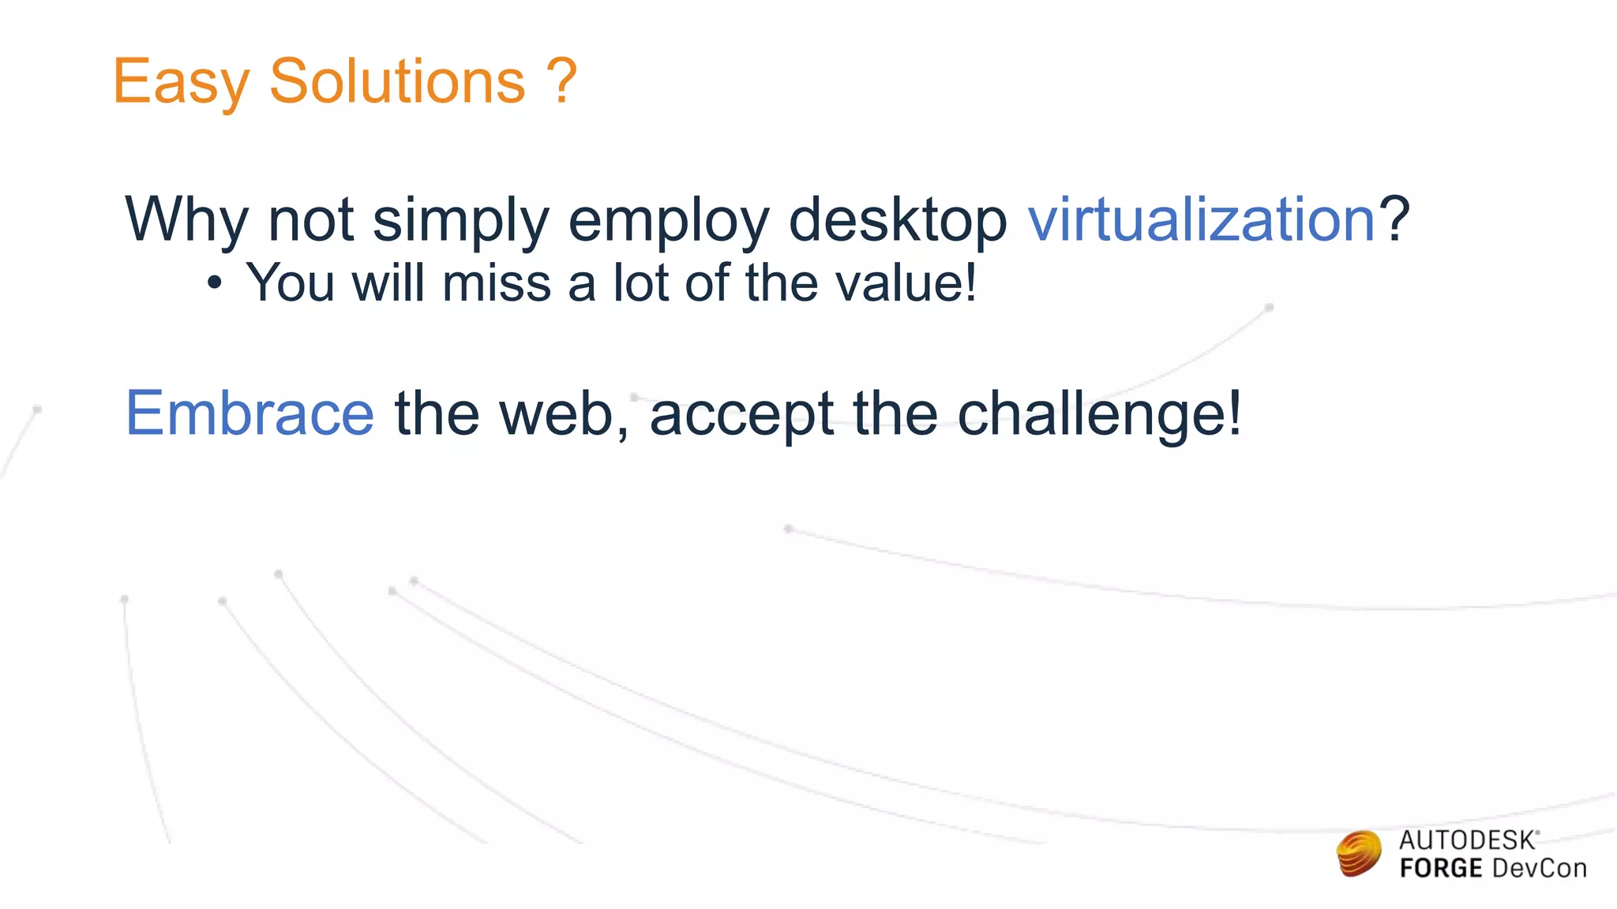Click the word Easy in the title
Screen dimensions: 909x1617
[180, 82]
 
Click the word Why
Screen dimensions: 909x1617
[186, 219]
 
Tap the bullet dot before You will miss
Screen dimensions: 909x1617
[215, 283]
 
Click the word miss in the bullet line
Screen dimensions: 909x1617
[496, 282]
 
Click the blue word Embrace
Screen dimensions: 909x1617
[249, 413]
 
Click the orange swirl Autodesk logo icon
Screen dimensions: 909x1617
[1359, 854]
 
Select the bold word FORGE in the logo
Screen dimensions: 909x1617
[1440, 869]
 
